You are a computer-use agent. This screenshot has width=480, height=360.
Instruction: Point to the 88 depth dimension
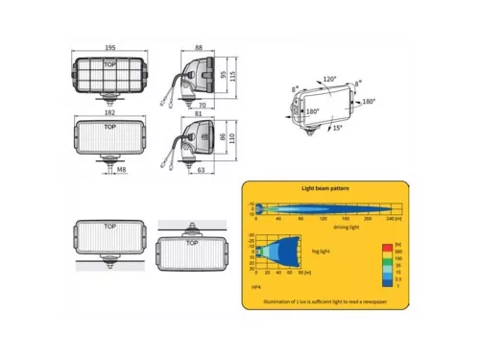coord(198,48)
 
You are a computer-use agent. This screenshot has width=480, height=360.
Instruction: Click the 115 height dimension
coord(232,81)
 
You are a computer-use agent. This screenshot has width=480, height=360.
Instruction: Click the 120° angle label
coord(329,81)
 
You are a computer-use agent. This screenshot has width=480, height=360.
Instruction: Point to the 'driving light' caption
coord(320,228)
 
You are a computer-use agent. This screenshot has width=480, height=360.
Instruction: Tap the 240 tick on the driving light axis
coord(388,220)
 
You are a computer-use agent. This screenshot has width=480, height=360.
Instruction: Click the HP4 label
coord(255,285)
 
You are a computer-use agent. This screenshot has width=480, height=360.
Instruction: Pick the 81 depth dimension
coord(198,112)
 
